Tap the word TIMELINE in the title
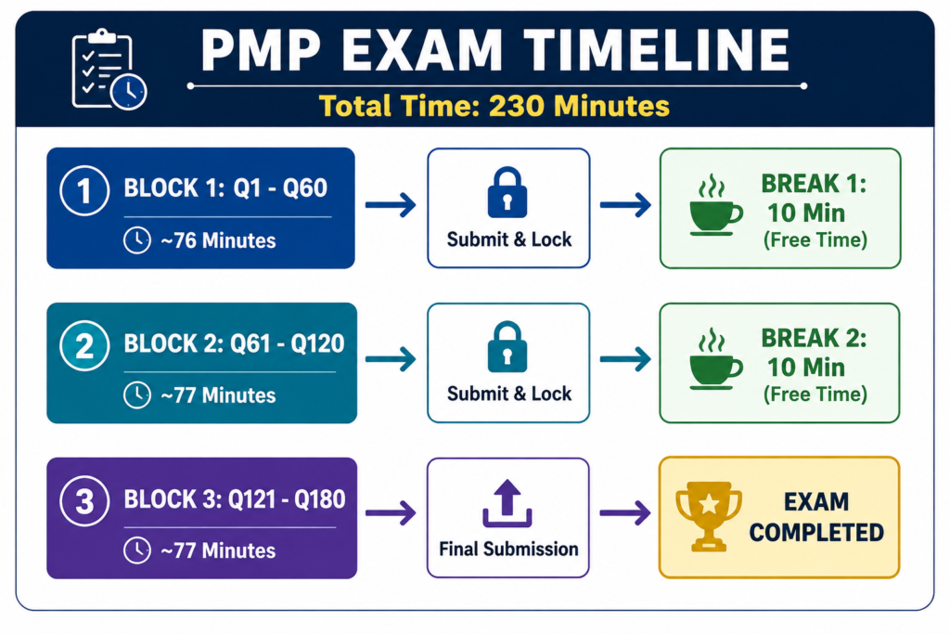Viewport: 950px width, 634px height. [657, 50]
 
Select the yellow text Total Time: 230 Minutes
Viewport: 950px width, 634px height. [494, 106]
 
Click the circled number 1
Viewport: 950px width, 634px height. [84, 191]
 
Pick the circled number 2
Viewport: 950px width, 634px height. [84, 346]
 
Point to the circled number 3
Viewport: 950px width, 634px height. [84, 501]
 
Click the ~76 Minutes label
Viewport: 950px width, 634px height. [218, 240]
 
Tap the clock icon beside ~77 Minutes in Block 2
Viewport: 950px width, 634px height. [137, 395]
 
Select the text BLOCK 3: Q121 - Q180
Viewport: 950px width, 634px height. [235, 499]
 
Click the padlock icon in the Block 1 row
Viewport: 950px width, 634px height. [507, 192]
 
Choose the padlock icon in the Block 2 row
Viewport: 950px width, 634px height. [507, 346]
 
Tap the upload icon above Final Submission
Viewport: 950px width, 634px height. [507, 503]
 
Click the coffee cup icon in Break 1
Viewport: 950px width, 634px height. [715, 206]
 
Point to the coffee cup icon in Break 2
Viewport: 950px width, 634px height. [715, 359]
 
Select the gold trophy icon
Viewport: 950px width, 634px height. [709, 516]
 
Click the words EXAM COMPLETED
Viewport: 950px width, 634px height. [816, 517]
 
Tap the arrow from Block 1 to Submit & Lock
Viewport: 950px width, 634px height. [391, 205]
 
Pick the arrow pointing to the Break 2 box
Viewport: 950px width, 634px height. [625, 359]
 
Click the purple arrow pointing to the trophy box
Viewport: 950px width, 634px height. [625, 513]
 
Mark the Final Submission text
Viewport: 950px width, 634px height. [508, 550]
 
